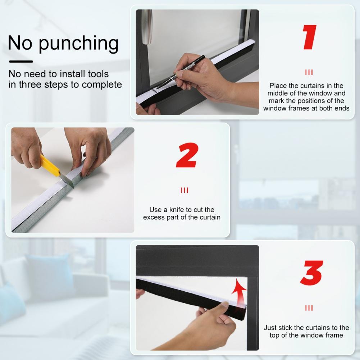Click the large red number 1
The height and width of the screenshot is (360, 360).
(310, 37)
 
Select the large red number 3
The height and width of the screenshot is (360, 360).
(311, 273)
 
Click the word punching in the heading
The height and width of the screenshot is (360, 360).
(78, 44)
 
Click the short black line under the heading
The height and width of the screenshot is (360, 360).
(21, 61)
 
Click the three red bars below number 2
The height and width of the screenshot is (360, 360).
(184, 190)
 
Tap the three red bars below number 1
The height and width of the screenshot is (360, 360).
(309, 73)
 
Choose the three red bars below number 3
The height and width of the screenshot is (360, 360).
(309, 308)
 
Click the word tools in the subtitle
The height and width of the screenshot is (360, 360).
(98, 74)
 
